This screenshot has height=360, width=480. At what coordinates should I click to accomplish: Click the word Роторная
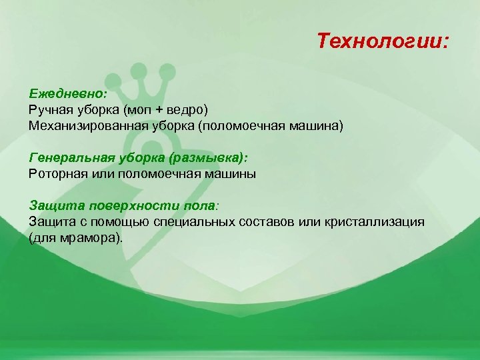(57, 173)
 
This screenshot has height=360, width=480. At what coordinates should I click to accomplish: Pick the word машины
(231, 173)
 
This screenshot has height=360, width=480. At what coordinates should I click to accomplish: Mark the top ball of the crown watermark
(139, 67)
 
